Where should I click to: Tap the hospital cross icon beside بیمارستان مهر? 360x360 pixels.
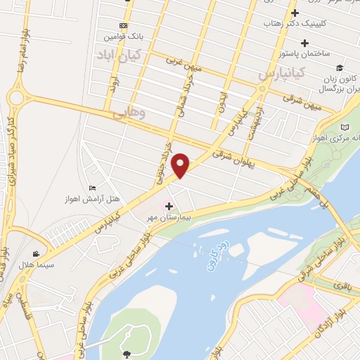click(x=168, y=205)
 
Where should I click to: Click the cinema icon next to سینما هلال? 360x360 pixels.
click(x=35, y=254)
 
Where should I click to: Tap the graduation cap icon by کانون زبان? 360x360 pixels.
click(x=340, y=68)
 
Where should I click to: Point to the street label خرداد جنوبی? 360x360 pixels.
click(x=162, y=163)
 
